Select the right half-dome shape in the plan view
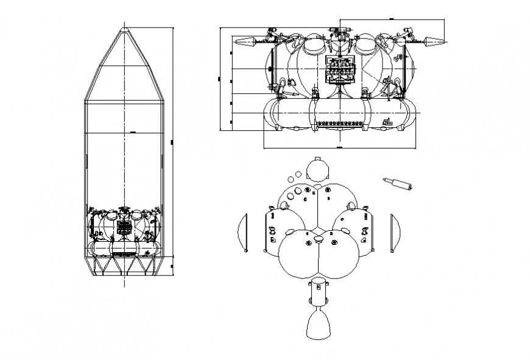tap(395, 232)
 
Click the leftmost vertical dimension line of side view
tap(219, 79)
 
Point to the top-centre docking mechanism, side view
tap(340, 33)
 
